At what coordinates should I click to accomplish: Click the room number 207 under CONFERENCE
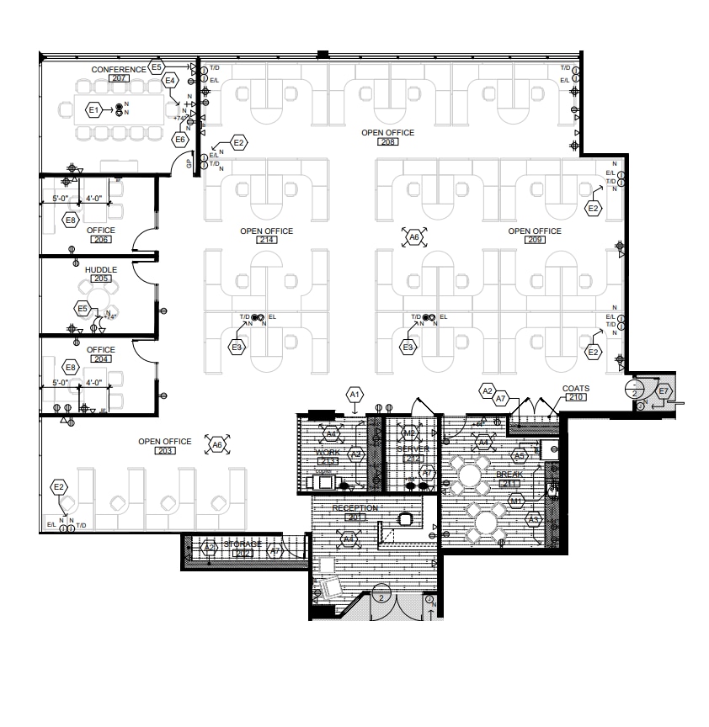119,78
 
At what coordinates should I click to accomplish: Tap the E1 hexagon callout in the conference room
93,110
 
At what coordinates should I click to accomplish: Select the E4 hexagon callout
170,80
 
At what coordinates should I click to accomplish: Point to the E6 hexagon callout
180,139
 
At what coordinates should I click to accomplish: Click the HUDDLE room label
100,269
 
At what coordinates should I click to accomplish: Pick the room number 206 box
100,240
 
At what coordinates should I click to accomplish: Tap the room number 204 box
100,359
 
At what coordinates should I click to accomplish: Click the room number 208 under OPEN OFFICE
388,142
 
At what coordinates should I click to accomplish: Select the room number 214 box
266,241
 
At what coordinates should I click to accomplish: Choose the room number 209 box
534,241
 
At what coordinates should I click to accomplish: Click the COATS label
576,389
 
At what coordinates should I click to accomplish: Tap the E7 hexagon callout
664,390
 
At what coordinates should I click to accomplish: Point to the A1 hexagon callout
354,394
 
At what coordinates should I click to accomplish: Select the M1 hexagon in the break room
517,501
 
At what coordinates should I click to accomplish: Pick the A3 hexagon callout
532,521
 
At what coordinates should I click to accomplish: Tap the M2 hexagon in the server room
410,433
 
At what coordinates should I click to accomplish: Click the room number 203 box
165,452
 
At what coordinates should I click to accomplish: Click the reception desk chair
406,519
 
